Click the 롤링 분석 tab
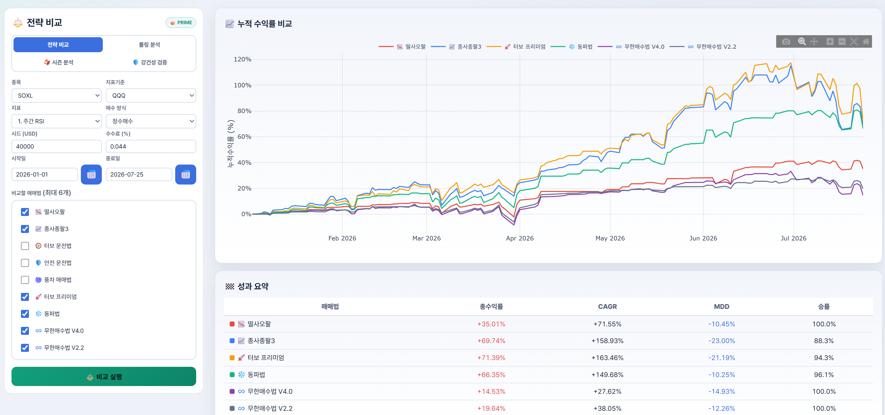[x=149, y=45]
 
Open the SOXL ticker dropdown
[x=57, y=96]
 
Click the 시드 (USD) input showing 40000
[x=57, y=147]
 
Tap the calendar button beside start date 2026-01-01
[x=91, y=175]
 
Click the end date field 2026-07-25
[x=139, y=175]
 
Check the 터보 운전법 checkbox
[x=25, y=246]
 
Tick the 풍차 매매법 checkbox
[x=25, y=280]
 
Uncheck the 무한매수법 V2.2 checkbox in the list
[x=25, y=348]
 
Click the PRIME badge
[x=181, y=23]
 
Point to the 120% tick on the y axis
[x=243, y=59]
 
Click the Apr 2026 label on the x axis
[x=519, y=238]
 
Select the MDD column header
[x=722, y=307]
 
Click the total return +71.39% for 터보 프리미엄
[x=491, y=358]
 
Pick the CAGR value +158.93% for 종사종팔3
[x=607, y=341]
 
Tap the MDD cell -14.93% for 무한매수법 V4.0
[x=722, y=392]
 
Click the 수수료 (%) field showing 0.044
[x=151, y=147]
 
